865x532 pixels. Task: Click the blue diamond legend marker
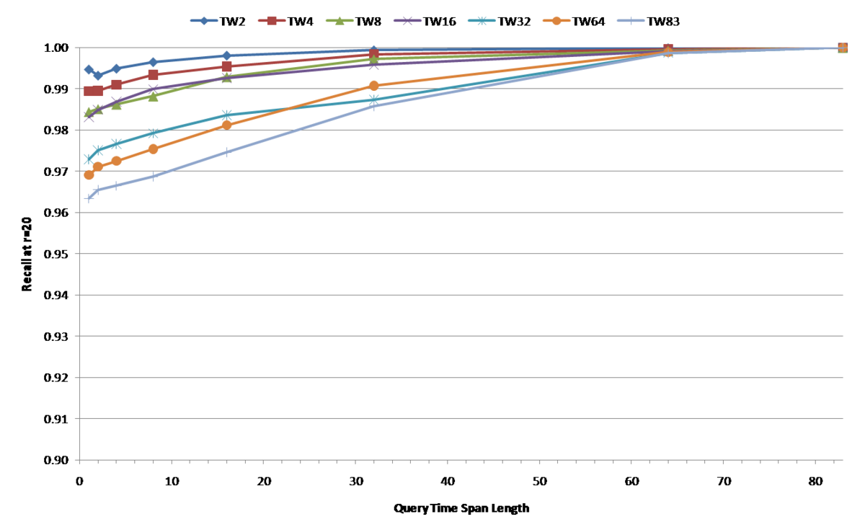click(x=204, y=21)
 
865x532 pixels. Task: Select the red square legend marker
click(x=272, y=21)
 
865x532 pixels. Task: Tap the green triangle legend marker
click(x=340, y=21)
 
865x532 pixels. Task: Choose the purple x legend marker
click(x=407, y=21)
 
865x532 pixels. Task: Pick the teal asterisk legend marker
click(x=482, y=21)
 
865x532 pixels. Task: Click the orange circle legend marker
click(x=556, y=21)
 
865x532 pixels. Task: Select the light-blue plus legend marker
click(x=631, y=21)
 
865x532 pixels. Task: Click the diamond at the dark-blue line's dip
click(x=97, y=76)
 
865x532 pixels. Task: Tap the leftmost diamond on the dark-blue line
click(x=89, y=69)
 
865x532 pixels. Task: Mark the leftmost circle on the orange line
click(x=89, y=175)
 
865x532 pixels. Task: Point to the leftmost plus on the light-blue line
click(x=89, y=197)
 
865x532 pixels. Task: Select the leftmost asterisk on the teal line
click(x=89, y=159)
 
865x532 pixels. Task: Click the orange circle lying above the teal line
click(x=373, y=86)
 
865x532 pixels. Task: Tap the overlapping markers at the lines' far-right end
click(x=842, y=48)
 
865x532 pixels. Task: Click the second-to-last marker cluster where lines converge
click(x=667, y=50)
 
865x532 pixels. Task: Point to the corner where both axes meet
click(x=79, y=460)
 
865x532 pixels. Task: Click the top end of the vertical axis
click(x=79, y=48)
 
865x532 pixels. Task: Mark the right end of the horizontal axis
click(x=843, y=460)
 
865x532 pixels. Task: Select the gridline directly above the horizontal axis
click(x=461, y=419)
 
